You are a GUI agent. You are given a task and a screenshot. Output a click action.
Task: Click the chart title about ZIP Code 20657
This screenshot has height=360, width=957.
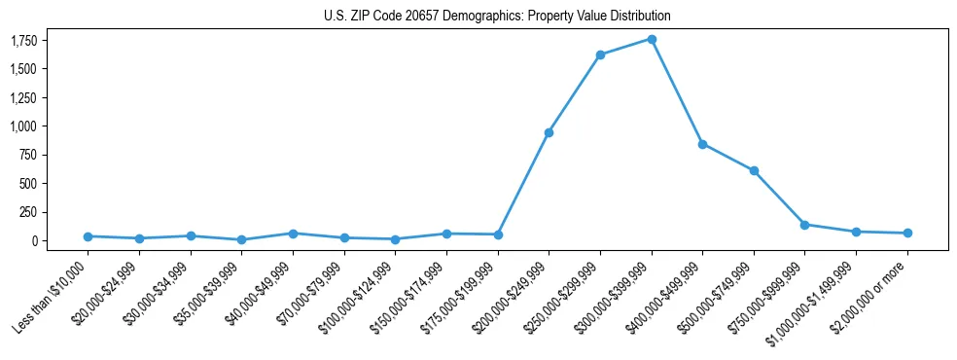497,17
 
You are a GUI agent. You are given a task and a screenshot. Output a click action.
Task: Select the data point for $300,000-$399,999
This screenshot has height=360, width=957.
652,39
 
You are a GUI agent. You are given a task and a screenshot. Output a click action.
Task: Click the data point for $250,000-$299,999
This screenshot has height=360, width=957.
600,54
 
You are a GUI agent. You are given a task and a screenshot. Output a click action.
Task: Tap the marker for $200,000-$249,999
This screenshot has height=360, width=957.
549,132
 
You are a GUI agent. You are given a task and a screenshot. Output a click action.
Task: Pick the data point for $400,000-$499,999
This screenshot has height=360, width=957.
702,144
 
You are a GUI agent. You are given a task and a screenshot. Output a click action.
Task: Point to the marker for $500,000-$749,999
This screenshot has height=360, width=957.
754,170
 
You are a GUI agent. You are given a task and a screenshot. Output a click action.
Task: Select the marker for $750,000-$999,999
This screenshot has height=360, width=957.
804,225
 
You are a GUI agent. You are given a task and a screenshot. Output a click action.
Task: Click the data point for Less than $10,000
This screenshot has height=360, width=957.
89,236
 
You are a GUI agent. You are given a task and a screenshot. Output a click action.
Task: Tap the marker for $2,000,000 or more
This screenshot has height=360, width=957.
906,234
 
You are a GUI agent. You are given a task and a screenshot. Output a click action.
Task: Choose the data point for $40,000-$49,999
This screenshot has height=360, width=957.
293,234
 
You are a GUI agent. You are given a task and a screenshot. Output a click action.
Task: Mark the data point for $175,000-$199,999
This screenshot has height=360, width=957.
498,234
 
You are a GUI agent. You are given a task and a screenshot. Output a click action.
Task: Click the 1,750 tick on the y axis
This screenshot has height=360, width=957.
23,40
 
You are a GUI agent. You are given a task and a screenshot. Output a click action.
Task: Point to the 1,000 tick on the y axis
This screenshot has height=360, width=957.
23,126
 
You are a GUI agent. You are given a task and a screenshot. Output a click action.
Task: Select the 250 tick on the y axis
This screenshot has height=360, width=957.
26,212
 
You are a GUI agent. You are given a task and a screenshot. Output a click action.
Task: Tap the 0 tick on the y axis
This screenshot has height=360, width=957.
33,241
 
